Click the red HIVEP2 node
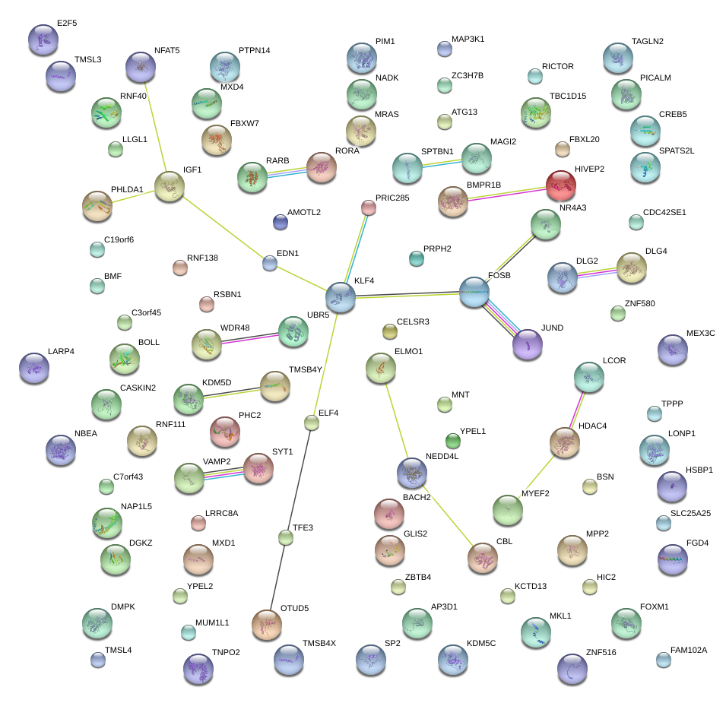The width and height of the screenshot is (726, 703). pos(561,185)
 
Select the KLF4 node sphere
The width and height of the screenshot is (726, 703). pos(340,296)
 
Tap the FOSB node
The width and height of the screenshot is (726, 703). pos(474,292)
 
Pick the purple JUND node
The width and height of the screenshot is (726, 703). pos(527,344)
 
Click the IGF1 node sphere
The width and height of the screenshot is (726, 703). pos(170,185)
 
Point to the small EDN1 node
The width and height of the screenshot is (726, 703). pos(270,263)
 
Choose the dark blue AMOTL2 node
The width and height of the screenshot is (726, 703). pos(280,222)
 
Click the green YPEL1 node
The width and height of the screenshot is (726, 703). pos(452,440)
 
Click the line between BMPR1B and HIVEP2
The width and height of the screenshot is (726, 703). pos(507,192)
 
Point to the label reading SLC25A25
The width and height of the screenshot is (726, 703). pos(690,513)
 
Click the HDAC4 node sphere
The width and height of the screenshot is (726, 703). pos(564,442)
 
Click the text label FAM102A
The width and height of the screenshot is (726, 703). pos(689,650)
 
